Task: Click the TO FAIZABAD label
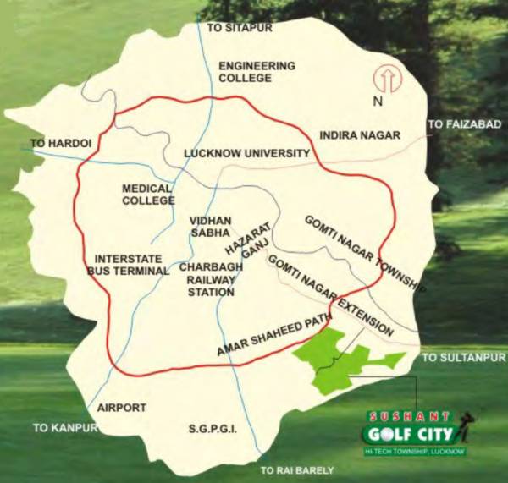pos(465,124)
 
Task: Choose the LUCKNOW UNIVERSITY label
pos(247,153)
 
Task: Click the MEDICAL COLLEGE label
pos(147,195)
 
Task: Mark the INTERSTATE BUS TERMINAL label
pos(128,265)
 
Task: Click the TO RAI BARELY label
pos(297,470)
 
